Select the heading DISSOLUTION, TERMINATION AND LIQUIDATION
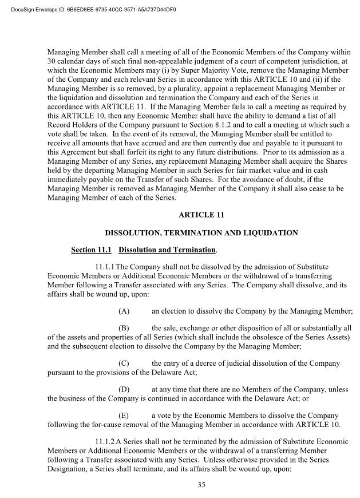click(201, 233)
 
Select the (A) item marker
click(123, 311)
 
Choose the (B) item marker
click(123, 328)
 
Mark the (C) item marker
click(123, 363)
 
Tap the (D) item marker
click(123, 389)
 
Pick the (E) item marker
click(123, 415)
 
